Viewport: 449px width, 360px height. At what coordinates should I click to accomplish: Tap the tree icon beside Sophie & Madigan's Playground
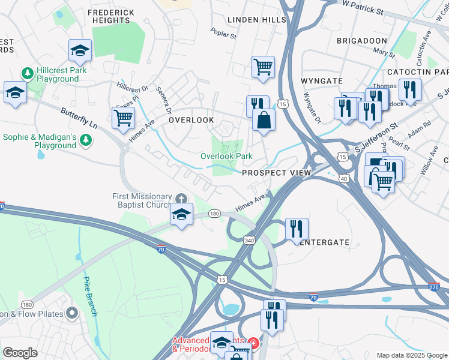point(86,140)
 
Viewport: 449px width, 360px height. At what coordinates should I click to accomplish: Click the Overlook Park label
point(226,156)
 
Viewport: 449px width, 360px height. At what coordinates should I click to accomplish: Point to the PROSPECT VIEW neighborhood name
point(276,173)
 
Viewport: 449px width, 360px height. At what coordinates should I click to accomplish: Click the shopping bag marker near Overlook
point(264,119)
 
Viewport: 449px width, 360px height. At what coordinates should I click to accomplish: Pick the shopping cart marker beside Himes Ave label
point(123,117)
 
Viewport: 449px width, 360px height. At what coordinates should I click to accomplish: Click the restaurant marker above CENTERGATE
point(297,228)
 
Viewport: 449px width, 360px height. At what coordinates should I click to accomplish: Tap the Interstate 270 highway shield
point(434,287)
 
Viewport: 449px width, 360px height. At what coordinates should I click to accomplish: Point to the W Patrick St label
point(363,7)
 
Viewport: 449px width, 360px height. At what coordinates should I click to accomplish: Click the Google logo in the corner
point(20,353)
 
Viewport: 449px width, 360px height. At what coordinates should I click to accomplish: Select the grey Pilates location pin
point(73,313)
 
